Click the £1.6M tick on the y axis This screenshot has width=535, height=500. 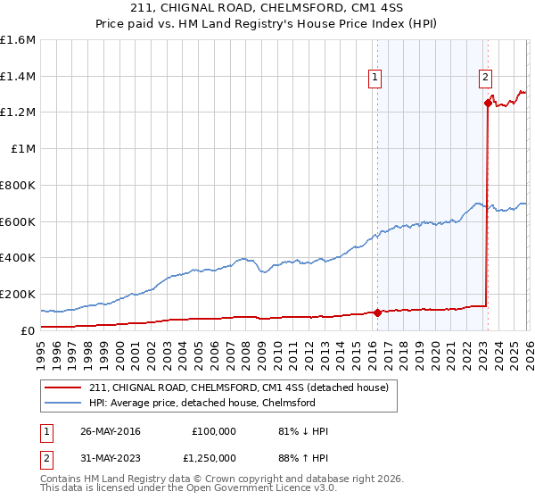(18, 40)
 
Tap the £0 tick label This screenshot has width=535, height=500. (28, 330)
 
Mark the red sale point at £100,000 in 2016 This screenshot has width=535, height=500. (377, 312)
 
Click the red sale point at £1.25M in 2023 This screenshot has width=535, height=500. (488, 104)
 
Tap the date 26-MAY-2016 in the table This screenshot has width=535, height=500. (110, 431)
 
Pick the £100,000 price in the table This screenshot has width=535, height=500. (214, 431)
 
